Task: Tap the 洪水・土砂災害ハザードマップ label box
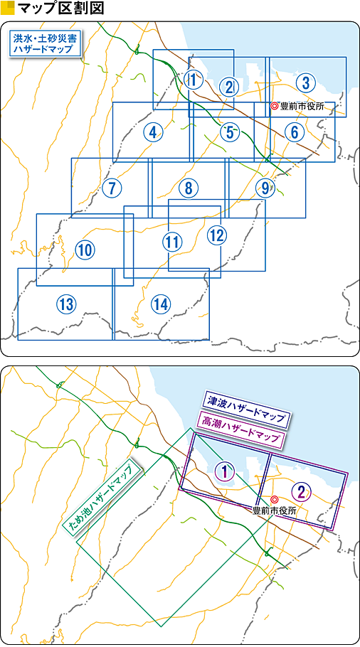tap(45, 43)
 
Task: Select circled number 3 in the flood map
tap(305, 82)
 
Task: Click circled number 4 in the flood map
tap(153, 132)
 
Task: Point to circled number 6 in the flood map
tap(294, 132)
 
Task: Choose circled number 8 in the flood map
tap(189, 188)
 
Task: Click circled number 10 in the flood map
tap(85, 250)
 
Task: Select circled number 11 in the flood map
tap(172, 242)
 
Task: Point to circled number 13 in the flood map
tap(66, 304)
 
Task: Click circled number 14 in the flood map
tap(160, 304)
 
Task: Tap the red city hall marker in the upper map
tap(274, 106)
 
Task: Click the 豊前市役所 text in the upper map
tap(300, 107)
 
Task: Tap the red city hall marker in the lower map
tap(274, 499)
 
